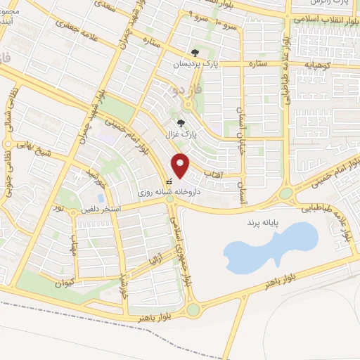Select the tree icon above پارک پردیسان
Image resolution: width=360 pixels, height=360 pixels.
tap(195, 51)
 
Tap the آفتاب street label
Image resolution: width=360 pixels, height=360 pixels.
tap(212, 172)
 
